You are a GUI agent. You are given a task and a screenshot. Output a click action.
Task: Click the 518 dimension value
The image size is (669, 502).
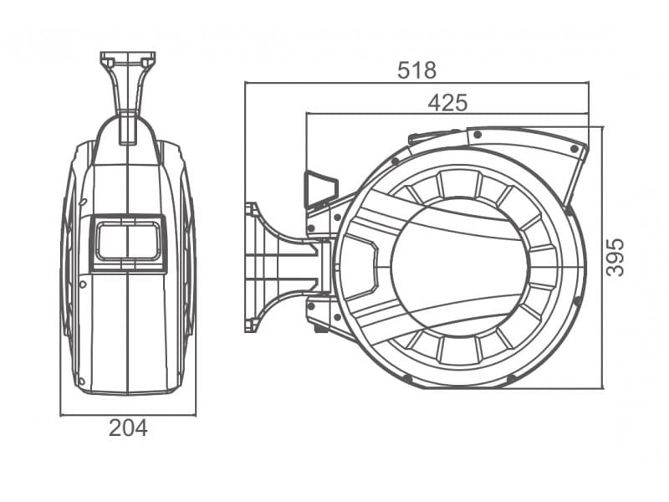pyautogui.click(x=416, y=70)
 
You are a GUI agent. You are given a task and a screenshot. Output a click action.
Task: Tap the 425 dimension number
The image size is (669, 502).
pyautogui.click(x=448, y=103)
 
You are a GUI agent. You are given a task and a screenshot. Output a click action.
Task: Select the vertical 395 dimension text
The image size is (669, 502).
pyautogui.click(x=615, y=258)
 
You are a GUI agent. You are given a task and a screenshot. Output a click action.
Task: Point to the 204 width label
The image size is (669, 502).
pyautogui.click(x=128, y=428)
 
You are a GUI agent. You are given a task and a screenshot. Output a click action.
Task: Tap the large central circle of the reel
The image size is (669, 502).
pyautogui.click(x=459, y=267)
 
